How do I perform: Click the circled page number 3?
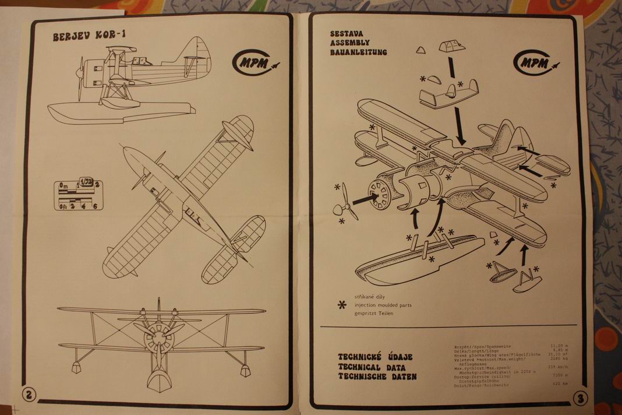pos(579,399)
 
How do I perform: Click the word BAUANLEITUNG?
pos(358,52)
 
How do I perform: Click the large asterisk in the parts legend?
pos(342,304)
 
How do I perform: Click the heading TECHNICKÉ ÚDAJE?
pos(376,357)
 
